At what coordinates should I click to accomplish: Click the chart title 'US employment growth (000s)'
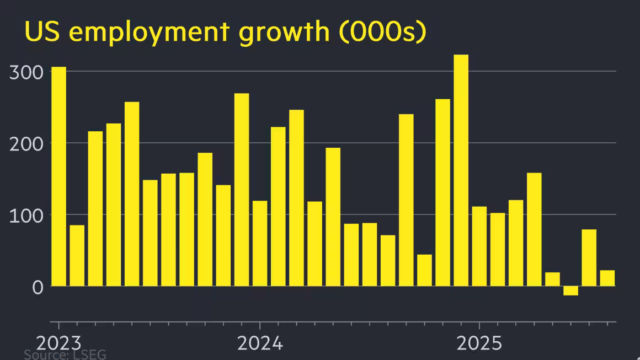[x=225, y=33]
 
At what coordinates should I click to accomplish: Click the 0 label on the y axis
[x=37, y=287]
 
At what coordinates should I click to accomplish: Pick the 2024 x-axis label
[x=260, y=343]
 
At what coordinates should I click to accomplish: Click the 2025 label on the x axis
[x=479, y=343]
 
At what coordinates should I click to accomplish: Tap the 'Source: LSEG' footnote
[x=65, y=354]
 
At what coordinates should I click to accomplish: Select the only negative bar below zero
[x=570, y=291]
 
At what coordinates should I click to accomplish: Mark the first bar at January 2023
[x=58, y=176]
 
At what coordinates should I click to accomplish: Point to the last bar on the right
[x=607, y=278]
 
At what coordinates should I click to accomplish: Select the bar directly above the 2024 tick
[x=260, y=243]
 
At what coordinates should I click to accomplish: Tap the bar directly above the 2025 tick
[x=479, y=246]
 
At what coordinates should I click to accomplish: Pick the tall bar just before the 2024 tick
[x=242, y=190]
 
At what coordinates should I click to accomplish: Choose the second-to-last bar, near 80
[x=589, y=257]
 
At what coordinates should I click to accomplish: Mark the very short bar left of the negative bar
[x=552, y=279]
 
